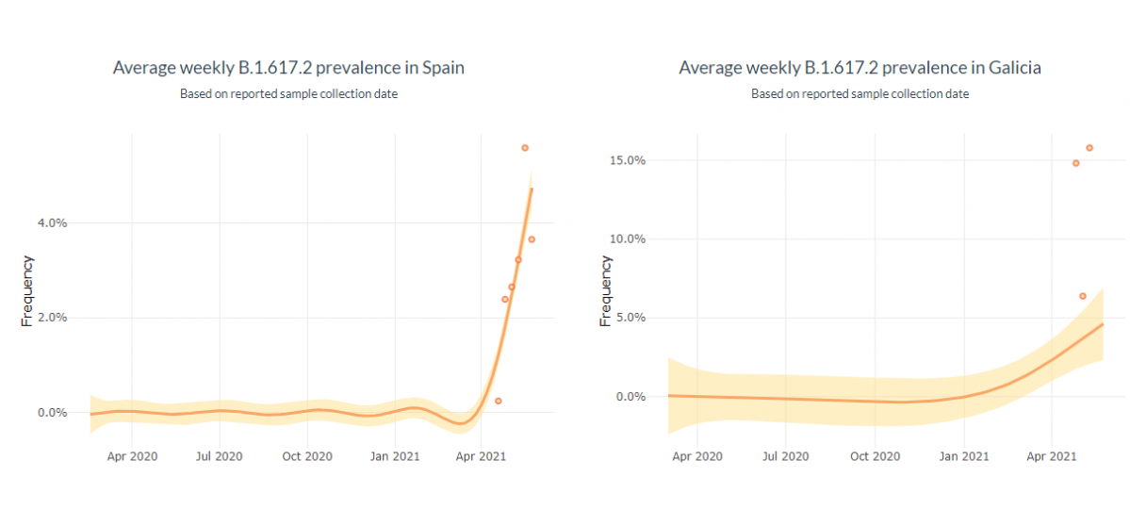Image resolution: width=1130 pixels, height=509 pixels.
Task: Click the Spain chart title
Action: [x=288, y=68]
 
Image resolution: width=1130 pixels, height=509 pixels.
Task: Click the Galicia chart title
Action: [x=860, y=68]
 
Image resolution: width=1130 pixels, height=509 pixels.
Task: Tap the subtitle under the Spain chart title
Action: [x=288, y=93]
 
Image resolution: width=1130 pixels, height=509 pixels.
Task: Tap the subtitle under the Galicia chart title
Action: [x=860, y=93]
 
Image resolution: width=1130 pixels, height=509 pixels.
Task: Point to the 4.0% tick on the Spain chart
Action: [x=52, y=223]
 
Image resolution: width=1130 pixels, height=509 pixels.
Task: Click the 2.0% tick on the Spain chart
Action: [x=52, y=318]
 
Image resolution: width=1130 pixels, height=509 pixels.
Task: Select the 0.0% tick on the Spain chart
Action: [x=52, y=413]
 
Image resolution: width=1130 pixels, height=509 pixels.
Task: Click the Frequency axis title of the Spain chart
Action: [x=27, y=290]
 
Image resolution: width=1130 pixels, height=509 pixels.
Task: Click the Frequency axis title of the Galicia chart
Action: [x=605, y=290]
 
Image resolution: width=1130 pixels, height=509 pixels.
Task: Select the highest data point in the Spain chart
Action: [x=525, y=148]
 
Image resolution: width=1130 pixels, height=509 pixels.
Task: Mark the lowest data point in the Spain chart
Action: [x=498, y=401]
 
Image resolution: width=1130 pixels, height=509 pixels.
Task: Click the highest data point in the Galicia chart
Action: [x=1089, y=148]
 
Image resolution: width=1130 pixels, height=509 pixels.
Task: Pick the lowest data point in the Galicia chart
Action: [x=1083, y=296]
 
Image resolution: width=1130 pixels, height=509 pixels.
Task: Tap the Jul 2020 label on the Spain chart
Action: [x=220, y=456]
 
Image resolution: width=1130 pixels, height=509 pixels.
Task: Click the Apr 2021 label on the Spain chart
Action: [x=482, y=456]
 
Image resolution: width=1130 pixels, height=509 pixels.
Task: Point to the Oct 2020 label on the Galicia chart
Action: [x=875, y=456]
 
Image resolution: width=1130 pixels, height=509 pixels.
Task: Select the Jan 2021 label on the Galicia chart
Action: [x=963, y=456]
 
